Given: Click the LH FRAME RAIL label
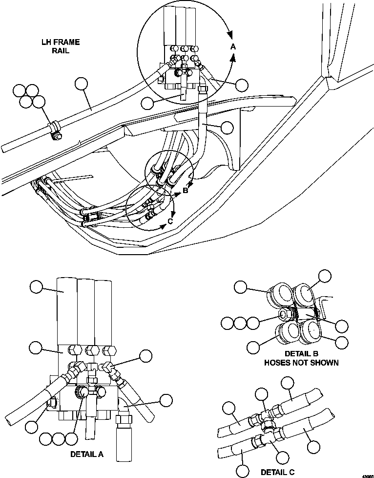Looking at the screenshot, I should click(x=60, y=46).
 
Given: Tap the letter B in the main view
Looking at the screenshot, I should click(x=185, y=191).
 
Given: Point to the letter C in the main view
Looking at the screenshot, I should click(x=169, y=220).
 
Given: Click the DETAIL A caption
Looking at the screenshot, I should click(x=87, y=454).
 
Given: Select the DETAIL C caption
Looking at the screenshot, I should click(x=277, y=472).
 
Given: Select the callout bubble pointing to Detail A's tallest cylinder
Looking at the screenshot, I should click(x=37, y=287).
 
